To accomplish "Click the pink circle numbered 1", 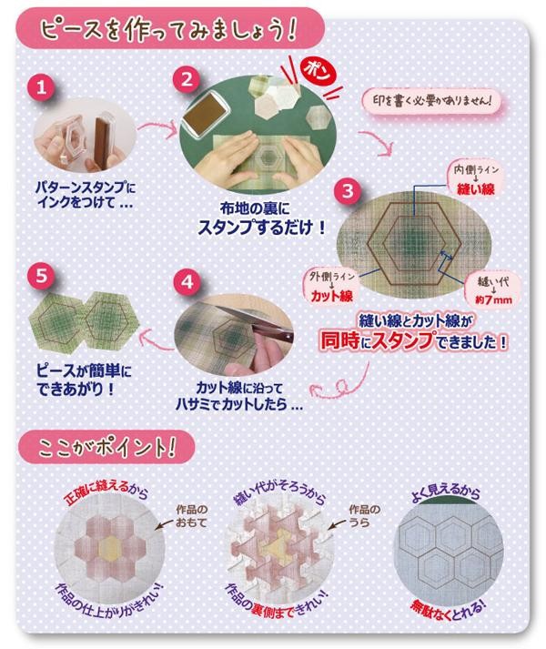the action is [41, 87].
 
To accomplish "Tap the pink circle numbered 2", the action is [187, 79].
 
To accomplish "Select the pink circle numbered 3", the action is [348, 191].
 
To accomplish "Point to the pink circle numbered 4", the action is [187, 282].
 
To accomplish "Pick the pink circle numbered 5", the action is [41, 276].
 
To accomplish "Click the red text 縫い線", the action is [476, 189].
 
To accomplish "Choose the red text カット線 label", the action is [331, 296].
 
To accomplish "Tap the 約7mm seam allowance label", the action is [493, 299].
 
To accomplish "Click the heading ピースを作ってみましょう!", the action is [168, 30].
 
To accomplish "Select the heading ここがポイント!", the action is [107, 448].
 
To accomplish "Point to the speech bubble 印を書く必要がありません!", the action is [431, 101].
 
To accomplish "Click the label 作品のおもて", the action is [191, 516].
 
